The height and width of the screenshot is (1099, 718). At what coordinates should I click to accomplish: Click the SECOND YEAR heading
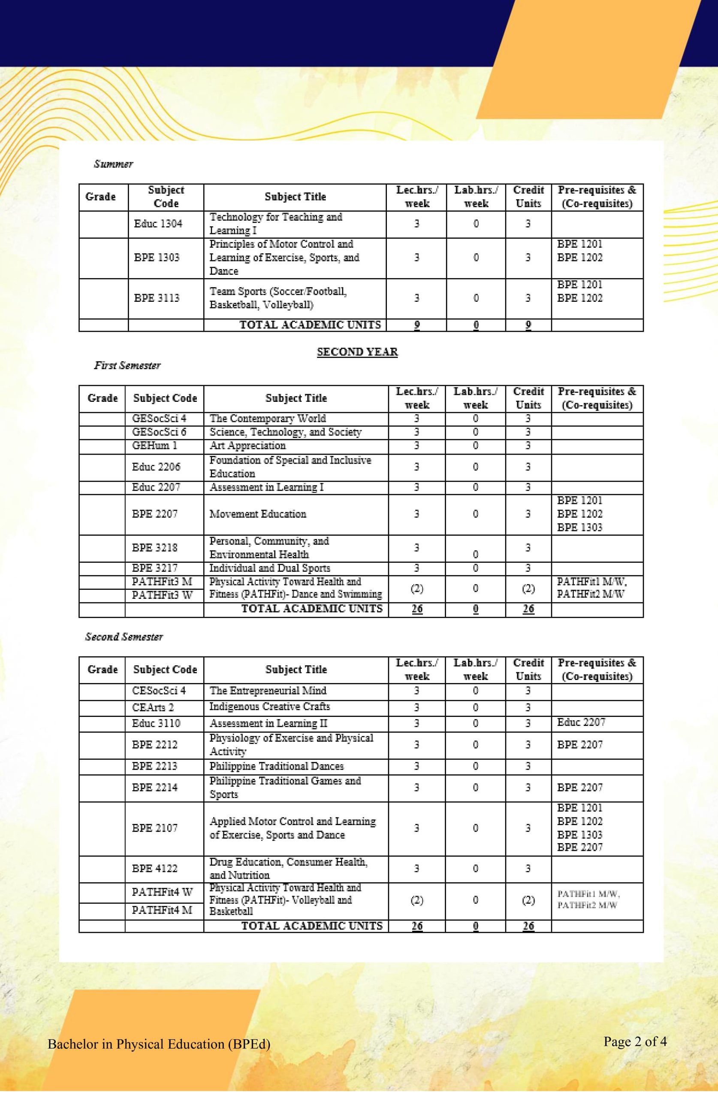click(357, 352)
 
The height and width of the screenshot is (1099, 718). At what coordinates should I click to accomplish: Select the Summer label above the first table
click(114, 164)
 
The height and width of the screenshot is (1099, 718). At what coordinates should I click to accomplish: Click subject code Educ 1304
click(158, 224)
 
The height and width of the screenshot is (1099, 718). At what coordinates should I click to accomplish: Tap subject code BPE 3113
click(157, 298)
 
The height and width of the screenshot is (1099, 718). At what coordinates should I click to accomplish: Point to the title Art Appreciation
click(247, 446)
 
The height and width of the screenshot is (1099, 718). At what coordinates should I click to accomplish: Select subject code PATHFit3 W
click(162, 595)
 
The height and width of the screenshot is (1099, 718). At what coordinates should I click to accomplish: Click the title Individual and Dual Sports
click(269, 568)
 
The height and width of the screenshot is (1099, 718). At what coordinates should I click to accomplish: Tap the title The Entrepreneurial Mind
click(268, 691)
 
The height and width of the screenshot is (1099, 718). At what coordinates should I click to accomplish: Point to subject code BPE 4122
click(154, 868)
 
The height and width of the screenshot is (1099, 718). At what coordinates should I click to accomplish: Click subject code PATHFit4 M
click(162, 910)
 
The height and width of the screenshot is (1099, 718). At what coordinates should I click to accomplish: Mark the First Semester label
click(127, 366)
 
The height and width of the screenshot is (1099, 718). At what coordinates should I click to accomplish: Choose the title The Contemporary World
click(268, 419)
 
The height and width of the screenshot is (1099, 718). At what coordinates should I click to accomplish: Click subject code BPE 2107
click(154, 828)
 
